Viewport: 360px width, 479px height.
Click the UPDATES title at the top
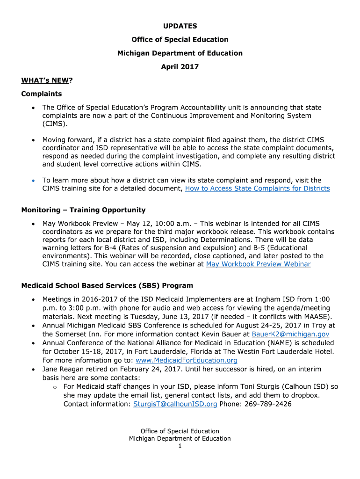click(180, 26)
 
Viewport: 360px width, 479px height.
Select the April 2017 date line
click(180, 67)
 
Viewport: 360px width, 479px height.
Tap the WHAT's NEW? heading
click(47, 80)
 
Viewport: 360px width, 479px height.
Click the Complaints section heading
click(42, 94)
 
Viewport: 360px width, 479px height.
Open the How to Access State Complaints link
click(258, 189)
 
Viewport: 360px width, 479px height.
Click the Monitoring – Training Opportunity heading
click(83, 210)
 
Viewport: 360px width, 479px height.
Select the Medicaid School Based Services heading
click(107, 285)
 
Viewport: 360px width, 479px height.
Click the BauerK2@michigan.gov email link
click(290, 334)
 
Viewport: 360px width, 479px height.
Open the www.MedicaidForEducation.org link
click(186, 361)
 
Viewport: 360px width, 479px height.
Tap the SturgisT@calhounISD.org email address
click(175, 404)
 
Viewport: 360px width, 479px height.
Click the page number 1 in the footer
click(180, 446)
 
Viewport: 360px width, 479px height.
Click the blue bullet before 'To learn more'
click(33, 181)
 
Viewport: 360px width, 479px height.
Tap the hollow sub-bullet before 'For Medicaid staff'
click(55, 387)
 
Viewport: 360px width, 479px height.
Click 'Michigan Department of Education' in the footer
click(180, 439)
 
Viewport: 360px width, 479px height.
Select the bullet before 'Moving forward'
click(33, 140)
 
